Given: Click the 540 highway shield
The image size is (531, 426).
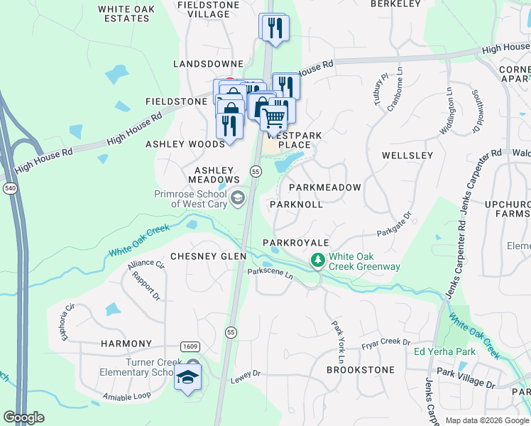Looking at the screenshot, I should coord(9,189).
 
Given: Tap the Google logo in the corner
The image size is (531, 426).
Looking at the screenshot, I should coord(23,417).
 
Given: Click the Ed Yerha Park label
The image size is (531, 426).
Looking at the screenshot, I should coord(445,351).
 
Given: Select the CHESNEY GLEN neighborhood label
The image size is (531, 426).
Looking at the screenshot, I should coord(208,256).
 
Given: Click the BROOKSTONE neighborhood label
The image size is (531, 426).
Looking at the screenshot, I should coord(360,370).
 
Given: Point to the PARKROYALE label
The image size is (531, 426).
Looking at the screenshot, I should coord(296,243).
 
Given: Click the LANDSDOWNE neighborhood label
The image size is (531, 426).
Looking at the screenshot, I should coord(209,64).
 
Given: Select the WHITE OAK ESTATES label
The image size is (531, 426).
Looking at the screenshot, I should coord(127,13).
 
